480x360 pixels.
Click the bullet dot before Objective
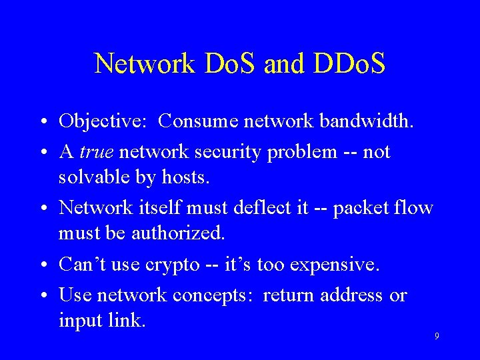42,123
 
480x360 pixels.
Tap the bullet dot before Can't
42,265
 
